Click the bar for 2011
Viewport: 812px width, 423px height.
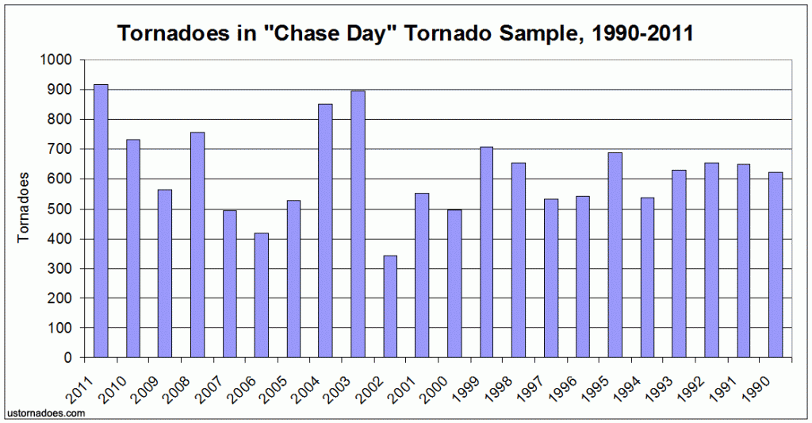pos(101,221)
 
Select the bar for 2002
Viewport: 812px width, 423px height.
pos(390,306)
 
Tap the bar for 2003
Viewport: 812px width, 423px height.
pos(358,224)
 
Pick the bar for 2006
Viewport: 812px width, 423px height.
pos(262,295)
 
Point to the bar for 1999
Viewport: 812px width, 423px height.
pos(486,252)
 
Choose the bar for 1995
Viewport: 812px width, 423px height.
pos(615,255)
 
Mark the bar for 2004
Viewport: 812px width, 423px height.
pos(326,231)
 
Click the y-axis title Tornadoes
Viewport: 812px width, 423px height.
pos(23,208)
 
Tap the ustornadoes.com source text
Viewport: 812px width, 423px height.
pos(45,413)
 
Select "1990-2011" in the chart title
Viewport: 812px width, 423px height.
pos(641,33)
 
